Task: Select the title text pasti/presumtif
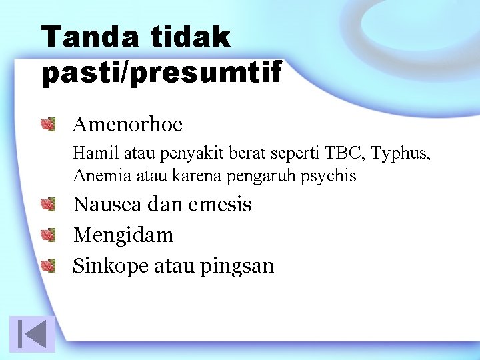tap(162, 72)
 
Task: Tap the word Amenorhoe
tap(127, 124)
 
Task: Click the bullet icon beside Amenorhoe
tap(47, 124)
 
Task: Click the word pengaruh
tap(270, 177)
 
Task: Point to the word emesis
tap(219, 204)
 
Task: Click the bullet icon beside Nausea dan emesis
tap(47, 204)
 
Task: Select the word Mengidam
tap(123, 235)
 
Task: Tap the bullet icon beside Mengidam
tap(47, 235)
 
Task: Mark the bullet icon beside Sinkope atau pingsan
tap(47, 266)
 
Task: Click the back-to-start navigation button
tap(32, 333)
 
